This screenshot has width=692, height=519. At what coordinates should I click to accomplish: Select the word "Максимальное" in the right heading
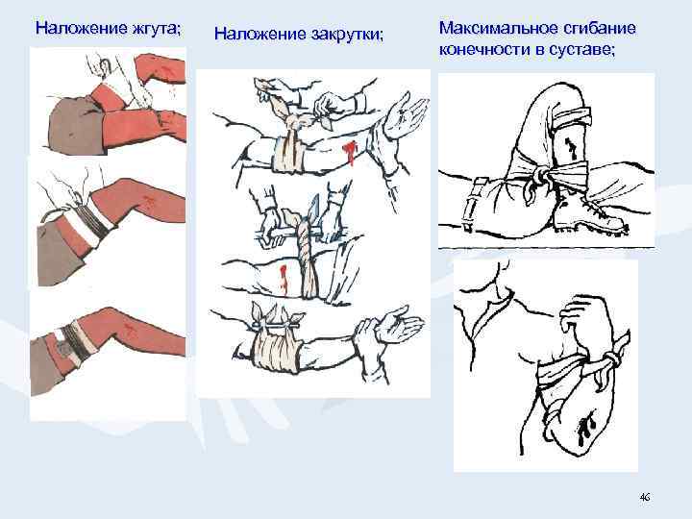pyautogui.click(x=490, y=28)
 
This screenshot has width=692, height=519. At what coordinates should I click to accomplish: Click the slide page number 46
pyautogui.click(x=644, y=497)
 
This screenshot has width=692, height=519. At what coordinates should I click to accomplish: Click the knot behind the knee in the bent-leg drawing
pyautogui.click(x=547, y=176)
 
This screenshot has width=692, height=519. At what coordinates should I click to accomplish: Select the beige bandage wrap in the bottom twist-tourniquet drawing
pyautogui.click(x=275, y=342)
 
